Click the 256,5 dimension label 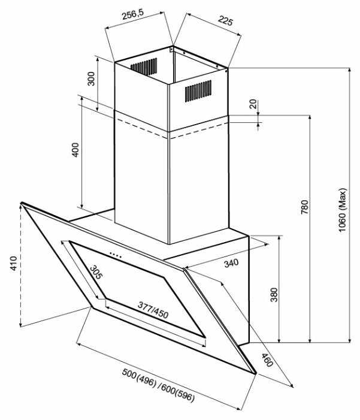click(133, 14)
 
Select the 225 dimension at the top click(225, 20)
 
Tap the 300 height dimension click(91, 78)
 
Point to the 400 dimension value click(76, 150)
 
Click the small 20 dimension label click(253, 104)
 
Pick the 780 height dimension click(304, 207)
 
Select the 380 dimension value click(274, 295)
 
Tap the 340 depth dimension click(231, 263)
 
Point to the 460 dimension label click(267, 360)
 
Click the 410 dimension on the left click(14, 263)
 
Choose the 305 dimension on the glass click(96, 272)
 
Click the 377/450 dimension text click(153, 310)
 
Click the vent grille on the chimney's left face click(144, 67)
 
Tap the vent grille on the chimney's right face click(198, 91)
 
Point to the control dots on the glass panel click(116, 254)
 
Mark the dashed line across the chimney click(171, 129)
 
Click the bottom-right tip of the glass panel click(256, 373)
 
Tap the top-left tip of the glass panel click(21, 203)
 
